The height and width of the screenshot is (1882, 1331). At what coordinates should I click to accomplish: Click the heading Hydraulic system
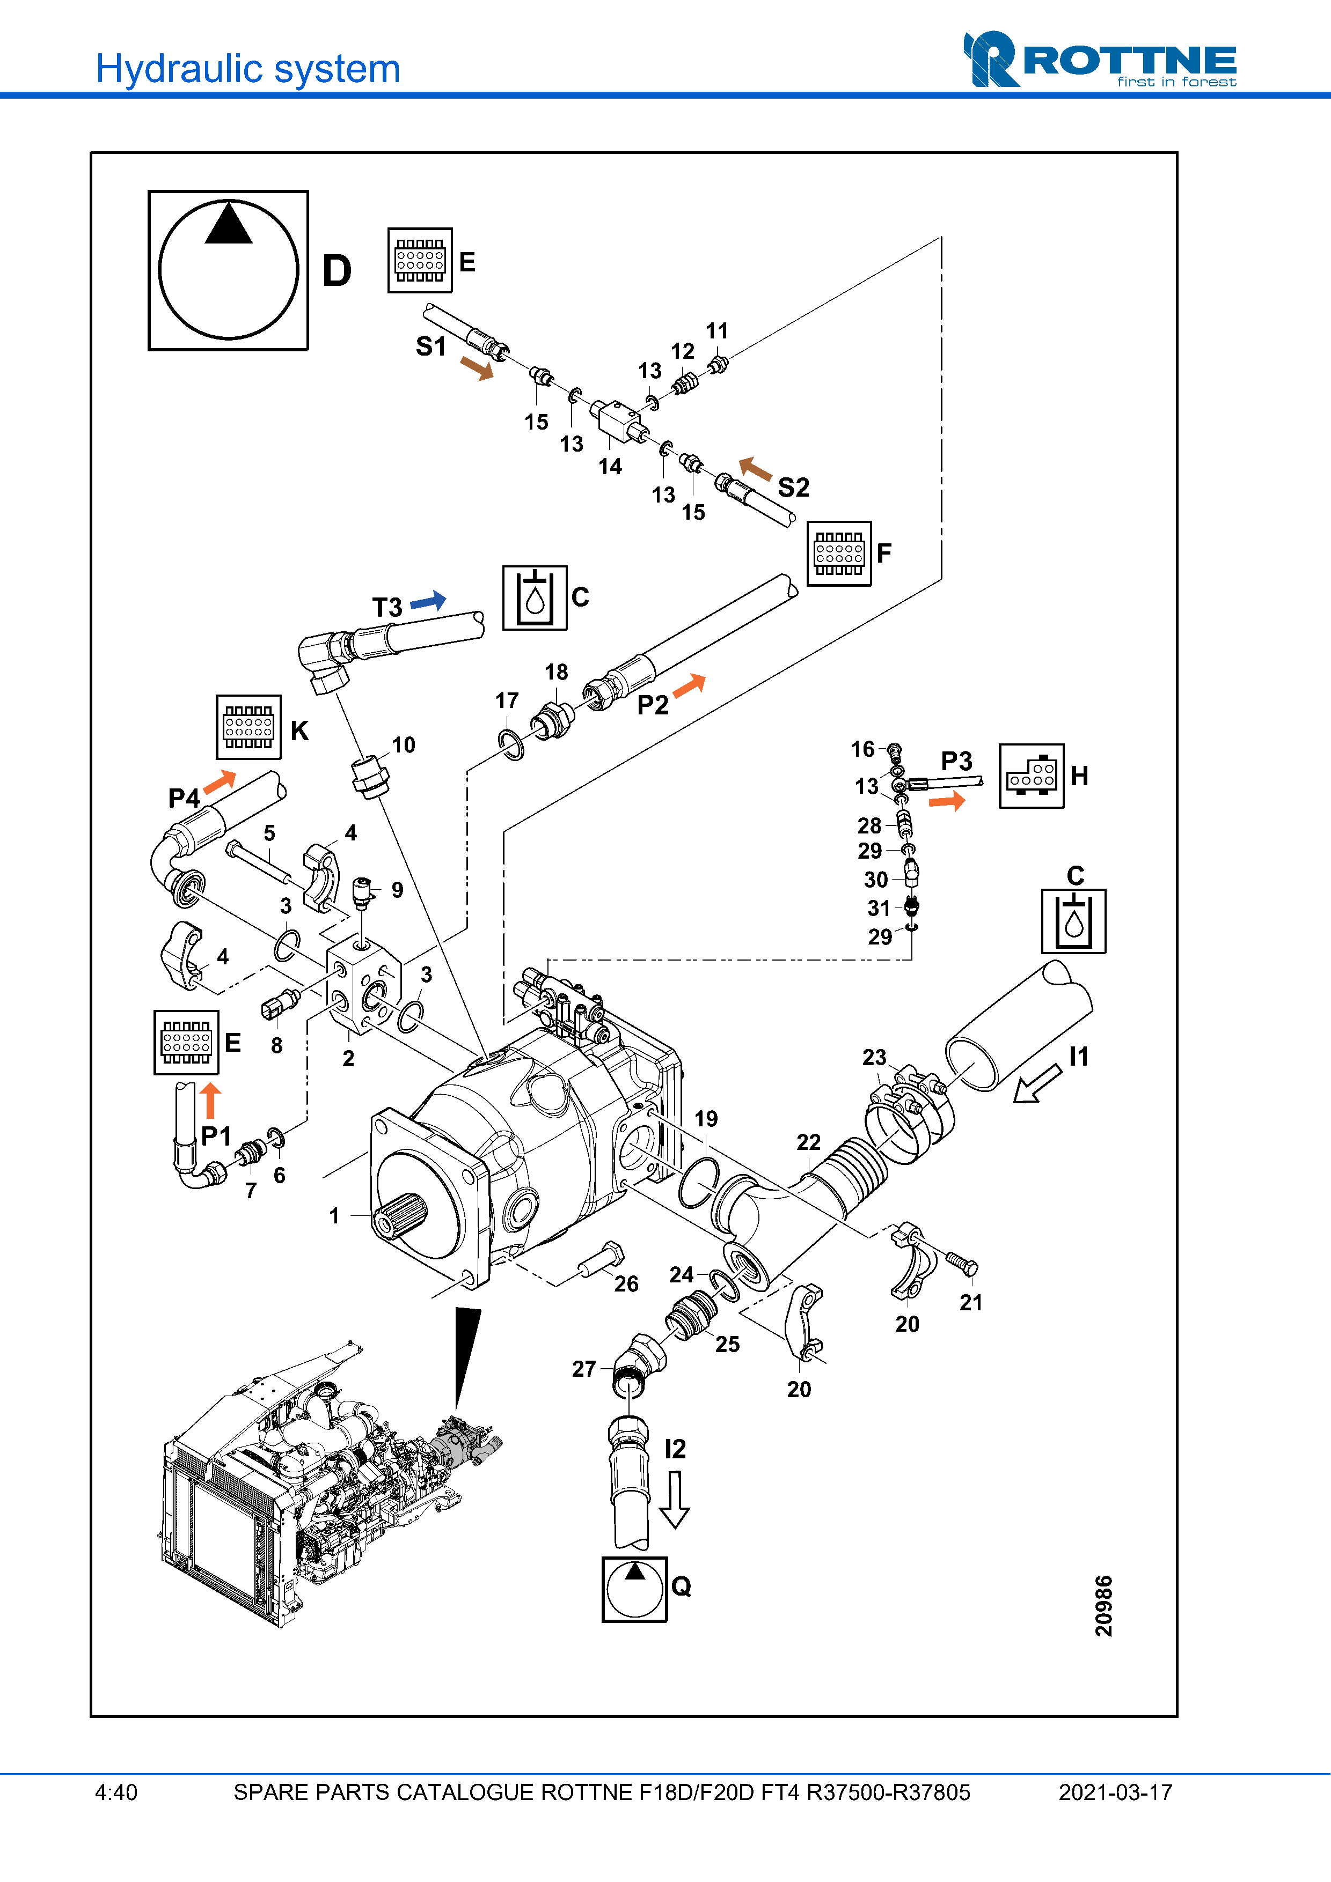click(x=247, y=69)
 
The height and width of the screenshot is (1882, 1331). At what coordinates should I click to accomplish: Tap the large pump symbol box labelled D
click(x=228, y=270)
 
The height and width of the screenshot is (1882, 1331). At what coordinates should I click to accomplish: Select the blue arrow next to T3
click(x=428, y=602)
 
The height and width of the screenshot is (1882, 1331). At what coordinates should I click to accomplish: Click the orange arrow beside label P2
click(x=689, y=685)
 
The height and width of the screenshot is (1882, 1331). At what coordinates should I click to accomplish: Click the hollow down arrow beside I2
click(x=674, y=1499)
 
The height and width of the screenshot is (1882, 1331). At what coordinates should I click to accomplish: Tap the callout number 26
click(x=626, y=1283)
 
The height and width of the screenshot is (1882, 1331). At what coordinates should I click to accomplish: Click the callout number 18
click(x=556, y=672)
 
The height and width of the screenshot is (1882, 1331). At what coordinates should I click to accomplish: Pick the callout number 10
click(x=403, y=744)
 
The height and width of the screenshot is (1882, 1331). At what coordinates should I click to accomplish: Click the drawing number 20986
click(x=1104, y=1605)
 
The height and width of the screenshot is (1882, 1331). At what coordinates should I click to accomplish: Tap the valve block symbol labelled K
click(x=248, y=727)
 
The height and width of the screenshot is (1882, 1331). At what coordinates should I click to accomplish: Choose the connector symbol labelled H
click(x=1031, y=776)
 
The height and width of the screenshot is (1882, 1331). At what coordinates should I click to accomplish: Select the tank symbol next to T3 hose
click(x=535, y=597)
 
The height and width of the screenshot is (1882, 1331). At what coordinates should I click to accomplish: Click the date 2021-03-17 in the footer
click(x=1115, y=1792)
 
